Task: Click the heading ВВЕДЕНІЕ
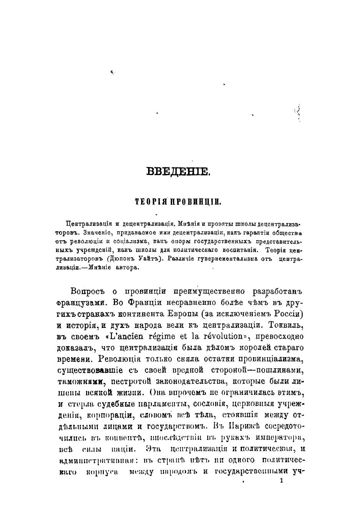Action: click(178, 171)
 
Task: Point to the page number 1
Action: click(282, 480)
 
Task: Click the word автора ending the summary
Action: click(126, 267)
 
